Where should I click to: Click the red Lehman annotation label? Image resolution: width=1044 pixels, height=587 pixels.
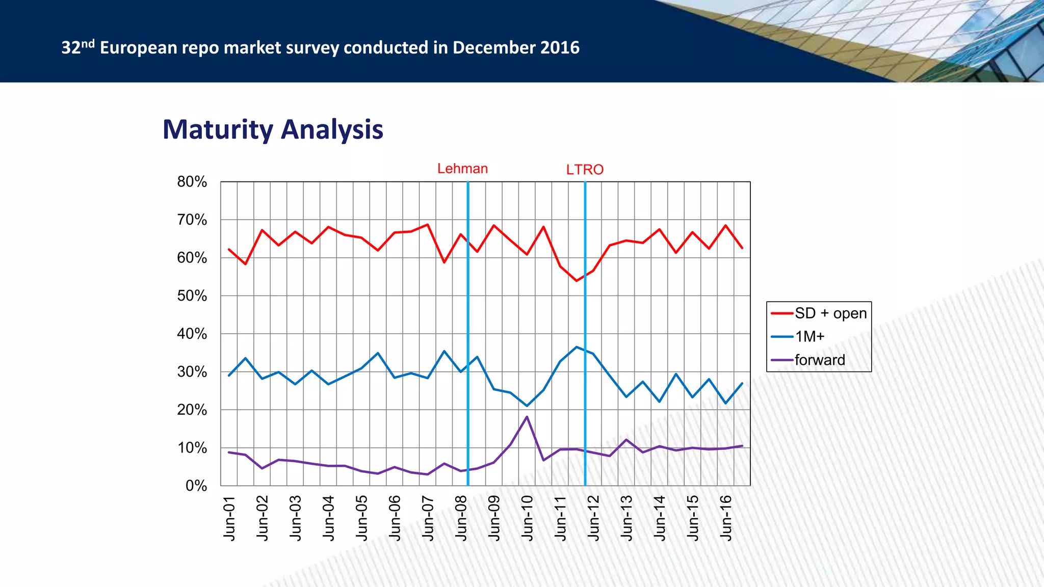tap(462, 169)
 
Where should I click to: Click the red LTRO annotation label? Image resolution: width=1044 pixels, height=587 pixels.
tap(585, 170)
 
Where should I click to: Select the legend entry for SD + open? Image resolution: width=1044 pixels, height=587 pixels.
tap(830, 313)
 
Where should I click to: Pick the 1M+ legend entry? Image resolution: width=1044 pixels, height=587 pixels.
tap(810, 336)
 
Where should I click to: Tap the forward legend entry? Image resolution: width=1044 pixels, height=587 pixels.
tap(819, 360)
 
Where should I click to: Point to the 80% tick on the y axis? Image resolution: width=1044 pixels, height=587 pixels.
tap(192, 182)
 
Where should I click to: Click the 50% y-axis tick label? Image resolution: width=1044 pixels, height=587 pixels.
tap(192, 296)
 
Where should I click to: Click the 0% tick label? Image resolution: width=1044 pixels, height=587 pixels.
tap(196, 486)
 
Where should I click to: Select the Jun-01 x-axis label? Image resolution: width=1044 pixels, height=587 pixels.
tap(229, 518)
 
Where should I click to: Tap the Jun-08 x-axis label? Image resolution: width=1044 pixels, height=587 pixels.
tap(461, 518)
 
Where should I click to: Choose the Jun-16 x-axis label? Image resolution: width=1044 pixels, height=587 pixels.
tap(726, 518)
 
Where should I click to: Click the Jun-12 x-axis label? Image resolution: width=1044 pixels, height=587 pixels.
tap(594, 518)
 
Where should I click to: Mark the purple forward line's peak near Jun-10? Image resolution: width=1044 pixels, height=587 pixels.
tap(527, 417)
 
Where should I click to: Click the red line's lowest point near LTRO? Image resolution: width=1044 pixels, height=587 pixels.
tap(577, 281)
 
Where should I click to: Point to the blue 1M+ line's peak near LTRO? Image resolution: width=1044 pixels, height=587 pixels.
tap(577, 347)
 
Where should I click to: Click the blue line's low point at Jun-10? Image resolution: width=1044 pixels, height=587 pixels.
tap(527, 406)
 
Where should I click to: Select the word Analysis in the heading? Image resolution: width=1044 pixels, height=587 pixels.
tap(332, 130)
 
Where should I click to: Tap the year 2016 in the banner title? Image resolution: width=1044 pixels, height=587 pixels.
tap(560, 48)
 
